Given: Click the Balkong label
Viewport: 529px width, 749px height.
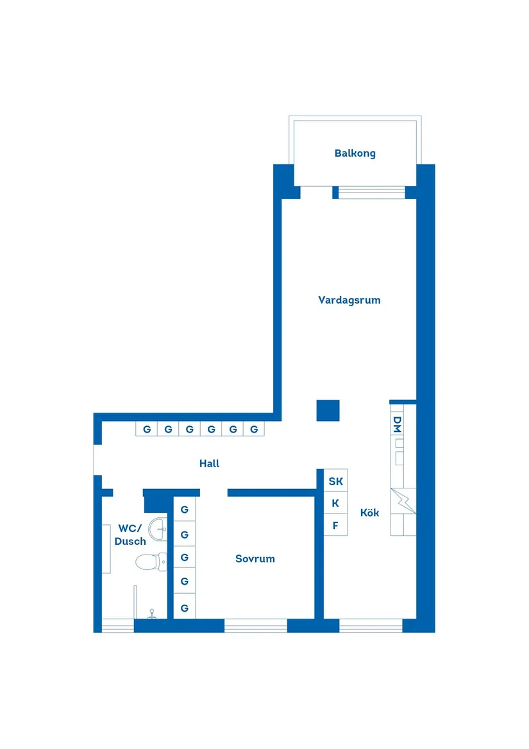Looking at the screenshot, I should tap(355, 153).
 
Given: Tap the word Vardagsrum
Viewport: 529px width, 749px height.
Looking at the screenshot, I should tap(349, 300).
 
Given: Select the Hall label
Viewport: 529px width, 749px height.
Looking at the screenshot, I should tap(209, 463).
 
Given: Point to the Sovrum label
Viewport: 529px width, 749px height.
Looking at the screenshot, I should tap(255, 559).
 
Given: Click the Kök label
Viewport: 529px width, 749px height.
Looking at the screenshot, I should tap(369, 513).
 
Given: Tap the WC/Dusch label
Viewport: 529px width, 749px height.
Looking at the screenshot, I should tap(130, 535).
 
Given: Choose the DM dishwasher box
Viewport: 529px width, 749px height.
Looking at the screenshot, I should tap(397, 424).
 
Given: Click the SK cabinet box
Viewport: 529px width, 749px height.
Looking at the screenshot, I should tap(335, 481).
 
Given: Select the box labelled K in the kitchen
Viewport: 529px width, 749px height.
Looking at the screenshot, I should tap(335, 504).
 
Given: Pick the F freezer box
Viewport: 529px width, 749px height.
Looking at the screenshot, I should tap(335, 526).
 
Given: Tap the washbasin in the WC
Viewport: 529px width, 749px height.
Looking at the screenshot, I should tap(158, 529).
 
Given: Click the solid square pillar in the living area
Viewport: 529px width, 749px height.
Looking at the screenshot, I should tap(328, 410).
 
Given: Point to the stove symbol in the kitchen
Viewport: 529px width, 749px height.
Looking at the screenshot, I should tap(403, 501).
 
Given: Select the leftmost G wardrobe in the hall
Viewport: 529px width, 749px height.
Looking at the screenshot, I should tap(147, 429).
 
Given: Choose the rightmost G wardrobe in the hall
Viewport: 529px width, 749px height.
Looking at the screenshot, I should tap(255, 429).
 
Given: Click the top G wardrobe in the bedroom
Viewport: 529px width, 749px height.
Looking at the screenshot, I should tap(185, 510).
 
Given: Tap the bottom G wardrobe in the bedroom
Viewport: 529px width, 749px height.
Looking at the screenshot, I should tap(185, 607).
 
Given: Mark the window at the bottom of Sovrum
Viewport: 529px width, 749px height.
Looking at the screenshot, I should tap(255, 626).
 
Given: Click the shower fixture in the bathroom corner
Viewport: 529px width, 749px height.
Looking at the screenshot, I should tap(152, 614).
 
